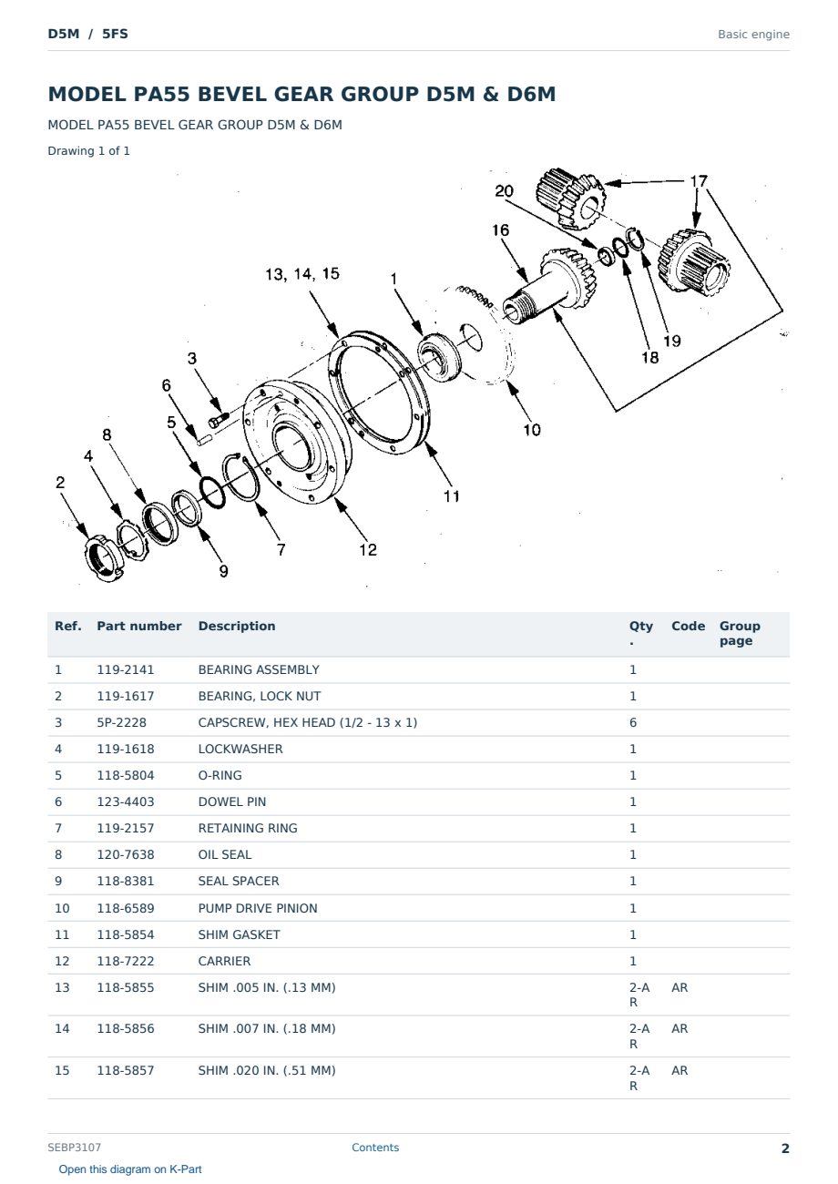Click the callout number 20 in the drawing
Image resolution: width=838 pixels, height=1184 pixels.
[x=504, y=191]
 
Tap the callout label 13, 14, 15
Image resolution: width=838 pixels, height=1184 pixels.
[x=301, y=274]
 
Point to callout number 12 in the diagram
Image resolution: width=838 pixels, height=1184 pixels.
[x=368, y=550]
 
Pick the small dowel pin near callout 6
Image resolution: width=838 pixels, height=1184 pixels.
[x=204, y=439]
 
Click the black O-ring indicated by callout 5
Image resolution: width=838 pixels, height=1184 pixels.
[x=212, y=493]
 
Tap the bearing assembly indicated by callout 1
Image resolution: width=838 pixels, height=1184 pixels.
[x=439, y=357]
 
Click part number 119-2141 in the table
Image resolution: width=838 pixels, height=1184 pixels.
[x=126, y=669]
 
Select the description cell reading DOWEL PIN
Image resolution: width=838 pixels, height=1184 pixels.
[x=232, y=801]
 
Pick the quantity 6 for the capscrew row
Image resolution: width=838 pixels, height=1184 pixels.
[x=633, y=722]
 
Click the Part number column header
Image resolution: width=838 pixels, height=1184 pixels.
[x=139, y=626]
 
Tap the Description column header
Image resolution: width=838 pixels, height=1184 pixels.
[x=237, y=626]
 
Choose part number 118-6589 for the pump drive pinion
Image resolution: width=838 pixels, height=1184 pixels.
[x=126, y=908]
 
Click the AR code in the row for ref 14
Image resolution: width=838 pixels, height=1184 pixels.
[x=680, y=1028]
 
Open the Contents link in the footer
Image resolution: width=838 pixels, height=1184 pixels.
[x=375, y=1148]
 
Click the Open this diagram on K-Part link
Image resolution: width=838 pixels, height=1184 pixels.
[x=130, y=1169]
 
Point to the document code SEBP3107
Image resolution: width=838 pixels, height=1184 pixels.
[x=74, y=1148]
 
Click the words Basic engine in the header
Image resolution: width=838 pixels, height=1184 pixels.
[x=753, y=35]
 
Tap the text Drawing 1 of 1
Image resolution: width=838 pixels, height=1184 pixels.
[x=89, y=150]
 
